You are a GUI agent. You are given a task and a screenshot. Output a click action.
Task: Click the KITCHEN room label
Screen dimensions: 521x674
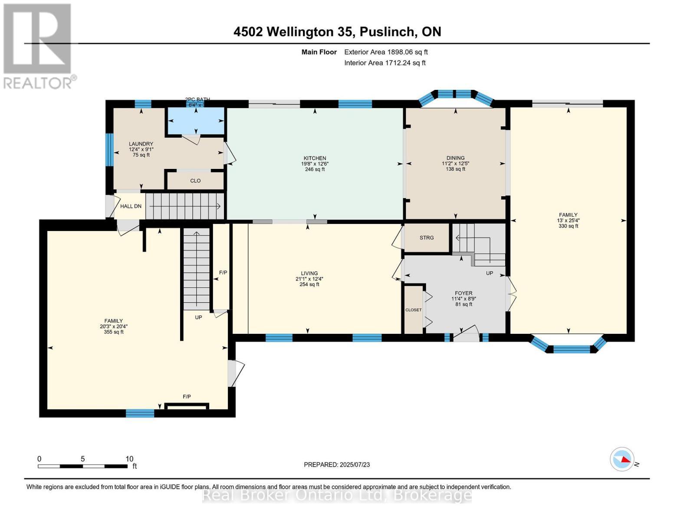click(315, 158)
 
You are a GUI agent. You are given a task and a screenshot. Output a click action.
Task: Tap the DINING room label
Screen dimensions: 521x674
click(455, 158)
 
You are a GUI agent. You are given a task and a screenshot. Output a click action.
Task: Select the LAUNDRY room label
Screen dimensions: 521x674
click(141, 144)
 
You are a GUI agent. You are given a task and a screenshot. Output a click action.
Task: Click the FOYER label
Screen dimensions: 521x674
click(464, 293)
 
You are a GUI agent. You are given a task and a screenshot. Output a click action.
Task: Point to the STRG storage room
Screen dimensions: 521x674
click(427, 238)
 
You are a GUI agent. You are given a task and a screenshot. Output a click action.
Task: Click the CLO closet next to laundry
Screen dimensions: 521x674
click(195, 181)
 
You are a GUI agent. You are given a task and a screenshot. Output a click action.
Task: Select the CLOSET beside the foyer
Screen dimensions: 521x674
click(413, 310)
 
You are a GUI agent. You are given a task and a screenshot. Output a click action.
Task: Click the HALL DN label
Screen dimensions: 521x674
click(131, 206)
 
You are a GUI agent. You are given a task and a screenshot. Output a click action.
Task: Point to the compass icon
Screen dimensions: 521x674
click(622, 459)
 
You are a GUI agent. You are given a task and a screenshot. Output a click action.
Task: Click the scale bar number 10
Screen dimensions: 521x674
click(129, 459)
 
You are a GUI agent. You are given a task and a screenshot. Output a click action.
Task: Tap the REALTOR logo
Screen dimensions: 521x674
click(38, 46)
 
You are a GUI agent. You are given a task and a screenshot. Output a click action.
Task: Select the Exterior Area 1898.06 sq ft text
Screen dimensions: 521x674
click(386, 52)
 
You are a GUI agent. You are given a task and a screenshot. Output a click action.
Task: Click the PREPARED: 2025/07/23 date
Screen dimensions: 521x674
click(337, 465)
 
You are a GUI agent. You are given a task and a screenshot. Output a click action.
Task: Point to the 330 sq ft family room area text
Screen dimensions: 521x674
click(568, 226)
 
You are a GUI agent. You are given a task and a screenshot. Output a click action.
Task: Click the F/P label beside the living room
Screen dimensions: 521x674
click(223, 273)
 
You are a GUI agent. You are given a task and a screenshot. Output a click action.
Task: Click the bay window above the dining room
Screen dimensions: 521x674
click(455, 96)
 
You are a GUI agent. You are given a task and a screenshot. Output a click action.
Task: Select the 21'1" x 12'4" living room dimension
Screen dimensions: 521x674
click(309, 279)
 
